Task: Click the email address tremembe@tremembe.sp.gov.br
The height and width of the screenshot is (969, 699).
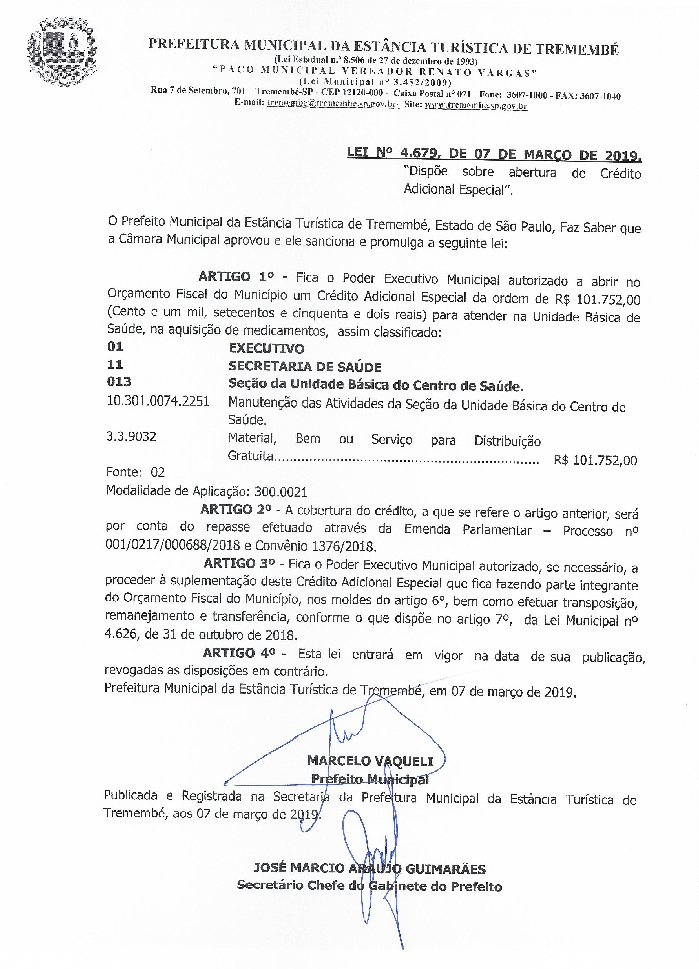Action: [x=333, y=104]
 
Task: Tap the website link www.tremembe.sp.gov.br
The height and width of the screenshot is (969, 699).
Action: [x=475, y=105]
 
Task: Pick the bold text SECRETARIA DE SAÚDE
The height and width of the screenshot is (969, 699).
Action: [x=305, y=366]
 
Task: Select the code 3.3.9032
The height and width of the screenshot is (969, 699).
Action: [x=131, y=436]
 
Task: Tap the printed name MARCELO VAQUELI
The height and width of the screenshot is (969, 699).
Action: [x=370, y=761]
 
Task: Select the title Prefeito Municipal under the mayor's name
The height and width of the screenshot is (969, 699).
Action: [x=370, y=779]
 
